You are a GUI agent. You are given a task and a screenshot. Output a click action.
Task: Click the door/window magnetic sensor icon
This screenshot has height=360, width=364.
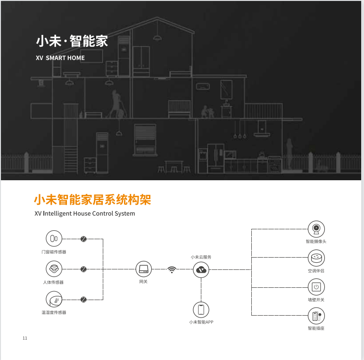pos(54,239)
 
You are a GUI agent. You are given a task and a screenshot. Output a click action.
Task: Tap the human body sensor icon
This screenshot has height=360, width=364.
pos(54,269)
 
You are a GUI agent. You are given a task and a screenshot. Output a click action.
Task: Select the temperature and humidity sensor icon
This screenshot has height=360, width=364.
pos(54,300)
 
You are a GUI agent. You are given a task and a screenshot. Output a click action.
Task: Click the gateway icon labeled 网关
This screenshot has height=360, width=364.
pos(143,269)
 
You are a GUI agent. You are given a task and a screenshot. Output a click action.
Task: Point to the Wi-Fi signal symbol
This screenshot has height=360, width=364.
pos(172,270)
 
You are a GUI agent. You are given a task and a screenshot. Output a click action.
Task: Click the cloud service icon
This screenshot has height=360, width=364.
pos(201,270)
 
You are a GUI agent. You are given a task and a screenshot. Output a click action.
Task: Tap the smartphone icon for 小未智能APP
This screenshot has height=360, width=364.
pos(201,310)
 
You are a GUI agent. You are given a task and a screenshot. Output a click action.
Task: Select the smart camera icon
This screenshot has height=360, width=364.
pos(316,229)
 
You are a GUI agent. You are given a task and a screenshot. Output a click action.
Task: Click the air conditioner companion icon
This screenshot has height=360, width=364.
pos(316,258)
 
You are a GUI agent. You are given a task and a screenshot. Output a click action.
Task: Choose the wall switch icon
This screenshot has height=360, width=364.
pos(316,287)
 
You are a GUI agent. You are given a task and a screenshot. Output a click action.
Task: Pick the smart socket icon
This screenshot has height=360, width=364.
pos(316,316)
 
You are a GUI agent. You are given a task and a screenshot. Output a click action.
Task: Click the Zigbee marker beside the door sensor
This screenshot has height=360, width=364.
pos(83,239)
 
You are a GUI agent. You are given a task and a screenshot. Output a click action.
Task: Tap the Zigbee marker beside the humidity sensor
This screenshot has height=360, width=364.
pos(83,300)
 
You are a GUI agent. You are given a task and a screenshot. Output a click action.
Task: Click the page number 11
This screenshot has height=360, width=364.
pos(25,338)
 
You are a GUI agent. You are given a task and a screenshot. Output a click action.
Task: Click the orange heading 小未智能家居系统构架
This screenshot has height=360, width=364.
pos(92,200)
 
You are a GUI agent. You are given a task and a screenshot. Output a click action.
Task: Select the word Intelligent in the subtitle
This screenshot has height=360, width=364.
pos(58,213)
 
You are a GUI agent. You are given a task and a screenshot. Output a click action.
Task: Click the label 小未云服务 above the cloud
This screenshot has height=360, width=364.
pos(201,257)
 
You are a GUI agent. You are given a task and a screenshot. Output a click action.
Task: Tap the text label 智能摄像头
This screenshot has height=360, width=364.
pos(316,242)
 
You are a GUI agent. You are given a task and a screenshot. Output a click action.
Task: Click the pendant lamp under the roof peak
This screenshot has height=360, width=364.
pos(157,38)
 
